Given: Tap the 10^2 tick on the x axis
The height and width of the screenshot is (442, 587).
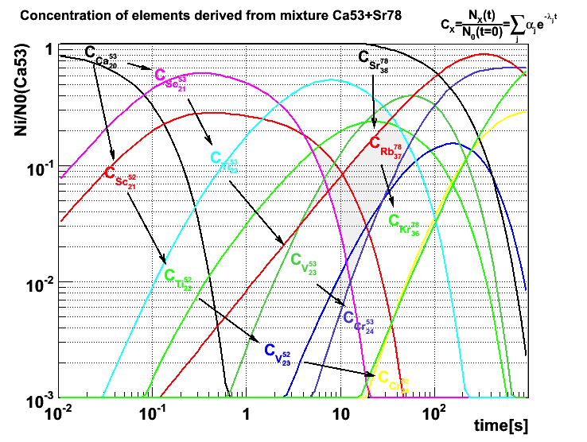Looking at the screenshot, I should point(433,413).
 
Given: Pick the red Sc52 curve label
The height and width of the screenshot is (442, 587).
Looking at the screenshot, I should point(119,174).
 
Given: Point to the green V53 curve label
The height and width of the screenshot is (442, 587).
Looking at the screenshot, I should point(303,262).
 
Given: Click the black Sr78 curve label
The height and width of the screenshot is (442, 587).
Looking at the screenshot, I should point(373,60).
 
